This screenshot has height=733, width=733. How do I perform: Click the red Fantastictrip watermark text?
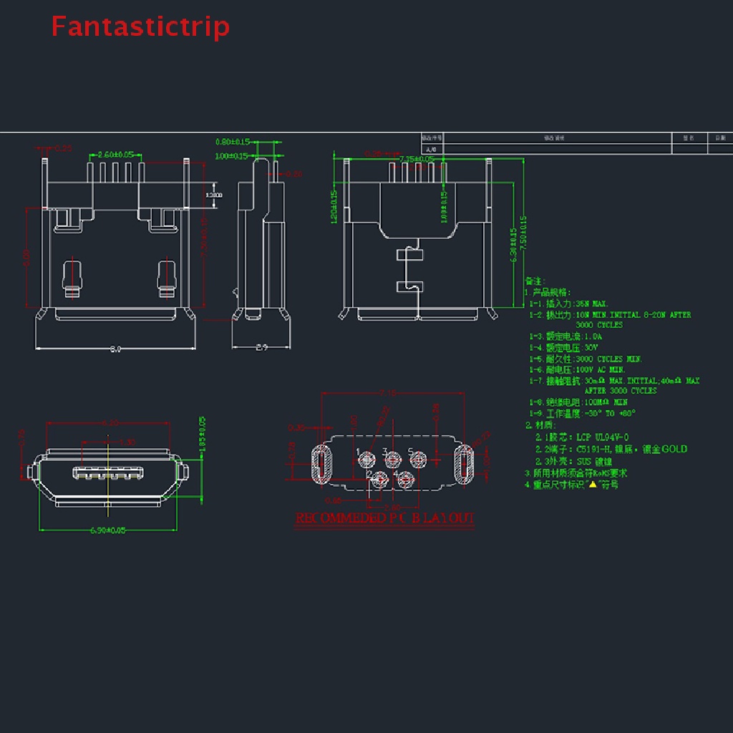coord(140,26)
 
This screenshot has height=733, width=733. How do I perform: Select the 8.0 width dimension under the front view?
coord(115,349)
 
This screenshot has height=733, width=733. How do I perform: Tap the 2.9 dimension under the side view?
coord(261,348)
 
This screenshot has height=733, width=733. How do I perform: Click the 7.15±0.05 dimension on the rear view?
coord(418,158)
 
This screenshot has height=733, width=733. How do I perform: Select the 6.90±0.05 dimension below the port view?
coord(107,530)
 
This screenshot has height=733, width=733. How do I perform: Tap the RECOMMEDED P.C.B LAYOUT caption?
coord(385,518)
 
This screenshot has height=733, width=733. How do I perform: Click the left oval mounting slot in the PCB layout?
coord(321,464)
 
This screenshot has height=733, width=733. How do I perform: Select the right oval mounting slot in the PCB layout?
coord(466,464)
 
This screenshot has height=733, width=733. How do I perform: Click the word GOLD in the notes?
coord(674,449)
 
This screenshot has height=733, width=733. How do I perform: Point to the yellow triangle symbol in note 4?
coord(592,485)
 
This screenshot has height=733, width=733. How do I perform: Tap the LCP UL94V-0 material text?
coord(596,436)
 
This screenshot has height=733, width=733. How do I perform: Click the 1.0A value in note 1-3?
coord(593,336)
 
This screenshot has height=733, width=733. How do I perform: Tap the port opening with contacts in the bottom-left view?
coord(107,473)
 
